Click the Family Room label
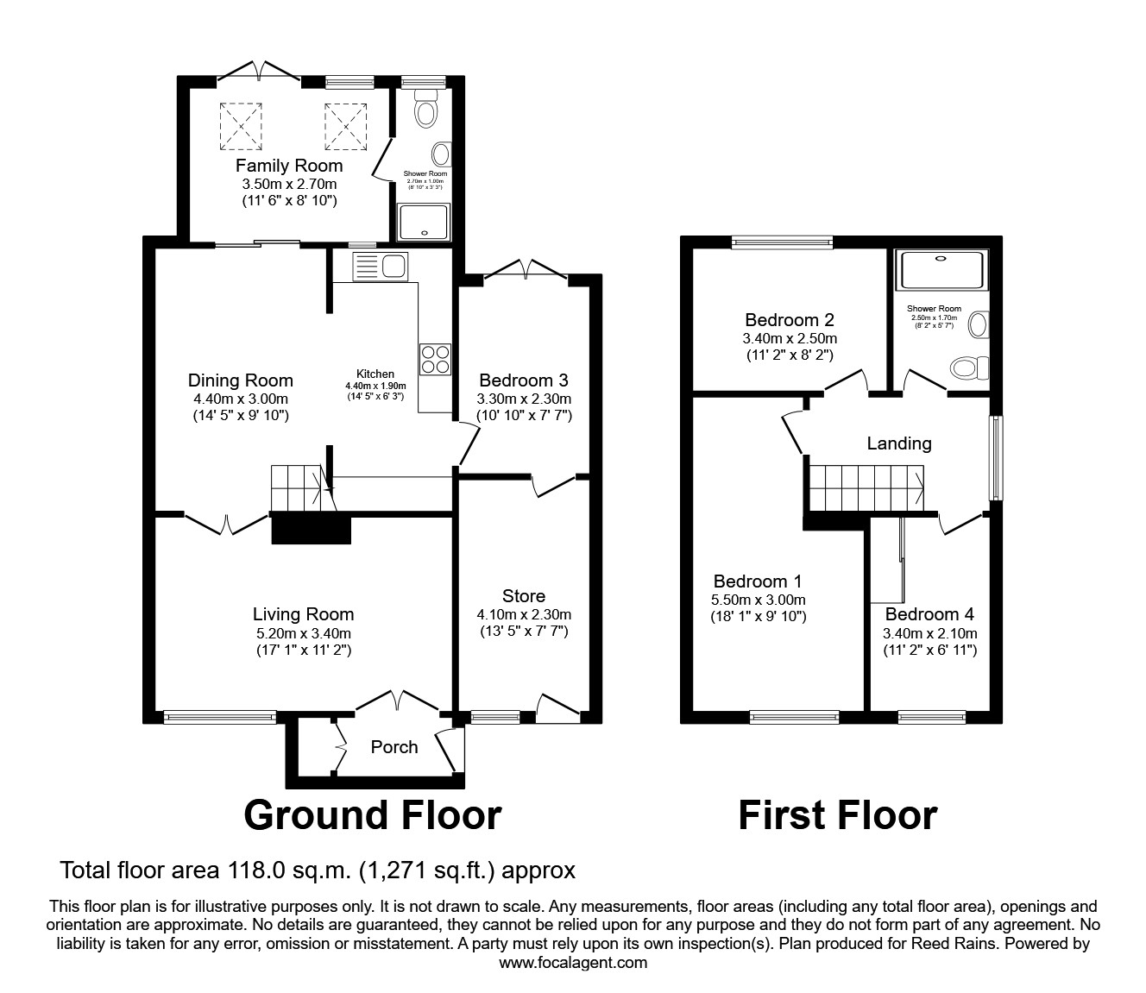289,166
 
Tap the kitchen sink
381,267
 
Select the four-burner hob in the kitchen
435,358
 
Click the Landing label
899,443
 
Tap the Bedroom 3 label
524,380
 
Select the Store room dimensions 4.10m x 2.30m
524,615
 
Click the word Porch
394,747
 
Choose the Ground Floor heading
372,815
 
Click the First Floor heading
837,815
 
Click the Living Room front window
220,716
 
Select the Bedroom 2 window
782,242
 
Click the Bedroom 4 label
929,614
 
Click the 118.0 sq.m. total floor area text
317,870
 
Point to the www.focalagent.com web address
573,963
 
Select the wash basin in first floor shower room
978,325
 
